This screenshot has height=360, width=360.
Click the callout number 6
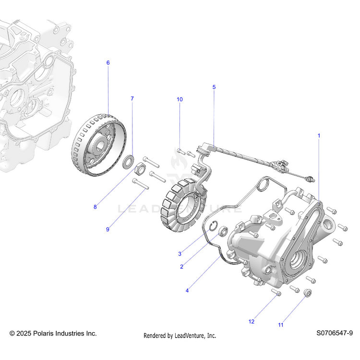pos(108,63)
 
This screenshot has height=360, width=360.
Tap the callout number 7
pos(132,98)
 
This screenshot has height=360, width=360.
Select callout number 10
pos(180,99)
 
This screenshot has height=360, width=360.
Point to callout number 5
pos(214,87)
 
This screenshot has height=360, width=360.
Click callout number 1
pos(319,136)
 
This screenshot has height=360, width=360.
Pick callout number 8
pos(95,207)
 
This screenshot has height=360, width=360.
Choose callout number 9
pos(108,229)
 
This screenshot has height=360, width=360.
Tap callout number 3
pos(180,253)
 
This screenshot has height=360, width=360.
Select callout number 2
pos(182,267)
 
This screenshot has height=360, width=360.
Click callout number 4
pos(187,290)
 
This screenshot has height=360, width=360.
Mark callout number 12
pos(251,322)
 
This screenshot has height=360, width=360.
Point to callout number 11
pos(281,325)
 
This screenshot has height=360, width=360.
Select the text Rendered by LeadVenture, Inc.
pos(180,336)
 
